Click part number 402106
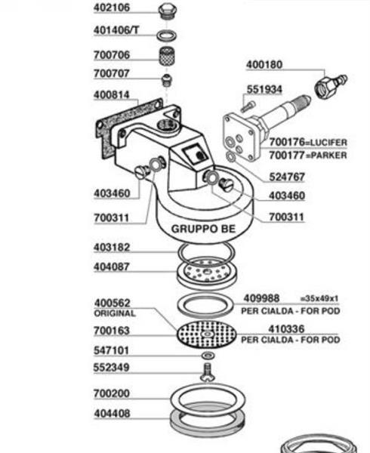coord(112,8)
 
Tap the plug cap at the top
coord(168,11)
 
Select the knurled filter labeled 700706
coord(168,57)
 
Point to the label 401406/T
coord(116,30)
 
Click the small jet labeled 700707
coord(167,80)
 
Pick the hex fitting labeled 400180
coord(330,85)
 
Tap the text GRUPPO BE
coord(203,229)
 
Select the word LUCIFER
coord(328,143)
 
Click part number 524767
coord(287,177)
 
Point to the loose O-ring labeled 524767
coord(231,156)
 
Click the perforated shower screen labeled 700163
coord(206,334)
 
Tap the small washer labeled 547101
coord(208,356)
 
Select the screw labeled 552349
coord(208,372)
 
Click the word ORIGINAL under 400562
coord(115,313)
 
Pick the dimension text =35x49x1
coord(319,298)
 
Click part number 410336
coord(286,329)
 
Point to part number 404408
coord(112,414)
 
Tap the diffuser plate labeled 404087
coord(207,273)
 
